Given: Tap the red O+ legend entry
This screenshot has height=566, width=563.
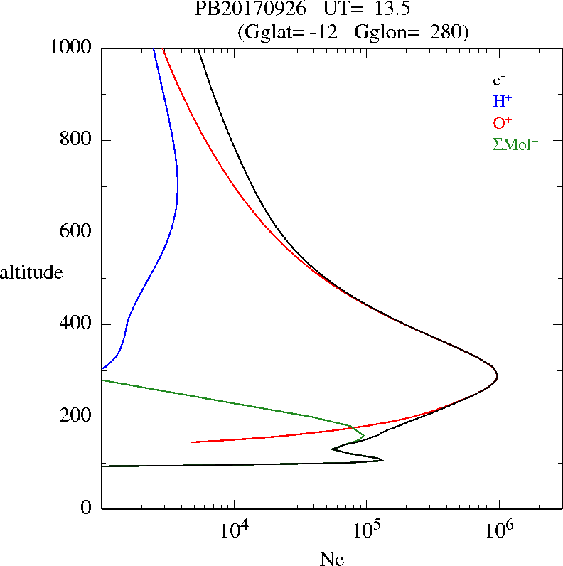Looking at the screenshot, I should pyautogui.click(x=501, y=122).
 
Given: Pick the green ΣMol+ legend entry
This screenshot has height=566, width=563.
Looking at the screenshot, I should pyautogui.click(x=515, y=143).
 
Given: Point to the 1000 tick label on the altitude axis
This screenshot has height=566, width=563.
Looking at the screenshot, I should pyautogui.click(x=72, y=48).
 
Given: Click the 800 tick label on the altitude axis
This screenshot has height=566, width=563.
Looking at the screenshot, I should pyautogui.click(x=77, y=140).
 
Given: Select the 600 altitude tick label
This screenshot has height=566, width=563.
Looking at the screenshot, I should pyautogui.click(x=77, y=233).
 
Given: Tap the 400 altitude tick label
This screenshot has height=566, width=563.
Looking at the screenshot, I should pyautogui.click(x=77, y=324).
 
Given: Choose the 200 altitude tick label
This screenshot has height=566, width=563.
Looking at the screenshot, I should pyautogui.click(x=77, y=417).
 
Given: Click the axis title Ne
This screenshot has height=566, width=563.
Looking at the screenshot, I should pyautogui.click(x=331, y=559).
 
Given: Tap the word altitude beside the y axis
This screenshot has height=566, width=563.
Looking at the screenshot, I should pyautogui.click(x=31, y=272).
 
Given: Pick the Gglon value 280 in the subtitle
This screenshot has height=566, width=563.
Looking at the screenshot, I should pyautogui.click(x=449, y=32).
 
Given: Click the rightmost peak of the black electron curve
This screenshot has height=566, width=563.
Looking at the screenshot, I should pyautogui.click(x=498, y=375).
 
